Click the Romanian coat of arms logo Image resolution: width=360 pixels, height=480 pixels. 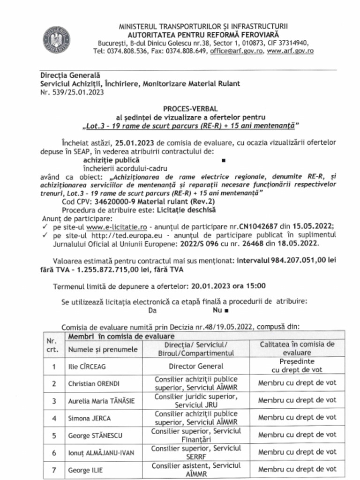[x=56, y=39]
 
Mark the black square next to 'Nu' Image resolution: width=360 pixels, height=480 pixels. [x=226, y=310]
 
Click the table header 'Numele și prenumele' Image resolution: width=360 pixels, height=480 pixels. [x=103, y=349]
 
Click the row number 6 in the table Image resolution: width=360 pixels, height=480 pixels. [x=54, y=452]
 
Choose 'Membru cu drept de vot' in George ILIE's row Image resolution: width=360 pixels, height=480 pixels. [x=297, y=469]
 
